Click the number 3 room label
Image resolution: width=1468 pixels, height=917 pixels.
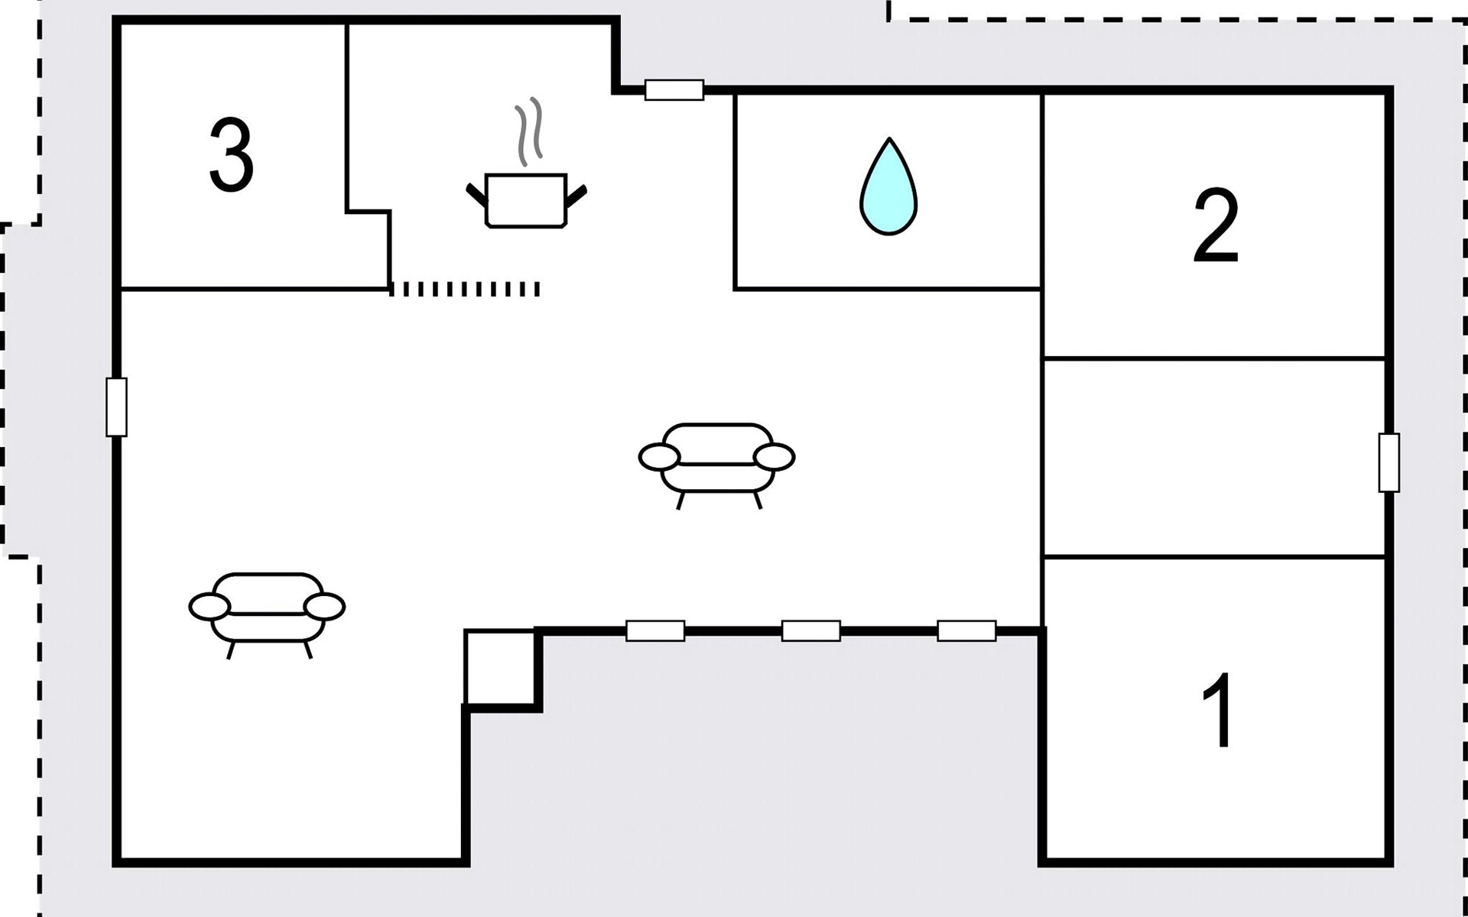[x=231, y=155]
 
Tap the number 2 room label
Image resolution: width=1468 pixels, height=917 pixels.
[x=1216, y=226]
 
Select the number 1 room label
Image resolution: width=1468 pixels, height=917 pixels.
[x=1217, y=710]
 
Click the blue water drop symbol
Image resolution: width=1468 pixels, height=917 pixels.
[x=888, y=186]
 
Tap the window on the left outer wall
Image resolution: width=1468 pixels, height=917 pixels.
[x=116, y=407]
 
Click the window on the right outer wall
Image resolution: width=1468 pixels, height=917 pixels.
[x=1389, y=462]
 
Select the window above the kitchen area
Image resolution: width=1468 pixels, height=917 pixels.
[x=674, y=90]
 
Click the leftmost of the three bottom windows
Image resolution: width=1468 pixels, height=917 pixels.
[x=655, y=630]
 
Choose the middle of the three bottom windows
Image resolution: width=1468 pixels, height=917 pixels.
[x=811, y=630]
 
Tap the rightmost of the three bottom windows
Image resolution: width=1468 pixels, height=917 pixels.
[x=966, y=630]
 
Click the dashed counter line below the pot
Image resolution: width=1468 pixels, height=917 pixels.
[x=465, y=289]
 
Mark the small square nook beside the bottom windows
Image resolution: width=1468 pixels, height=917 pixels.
[x=500, y=667]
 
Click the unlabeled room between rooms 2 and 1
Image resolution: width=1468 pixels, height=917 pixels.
[x=1215, y=457]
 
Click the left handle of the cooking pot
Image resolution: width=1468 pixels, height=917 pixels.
[x=477, y=195]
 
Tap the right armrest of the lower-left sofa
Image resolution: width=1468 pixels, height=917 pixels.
[x=325, y=607]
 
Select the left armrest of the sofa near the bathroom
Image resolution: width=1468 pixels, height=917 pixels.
[x=659, y=457]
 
